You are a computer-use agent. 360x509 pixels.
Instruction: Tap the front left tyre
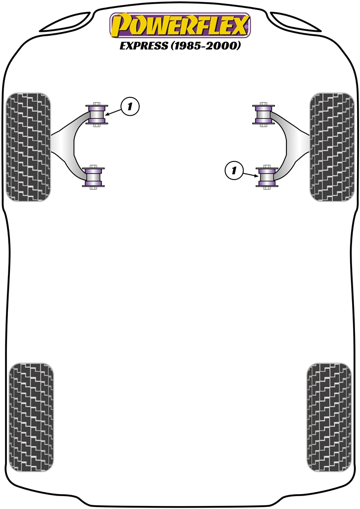[28, 147]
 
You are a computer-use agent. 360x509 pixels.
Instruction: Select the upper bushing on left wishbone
[97, 114]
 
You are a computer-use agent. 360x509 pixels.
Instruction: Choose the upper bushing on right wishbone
[264, 114]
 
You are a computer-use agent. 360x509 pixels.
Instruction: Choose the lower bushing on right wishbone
[267, 177]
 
